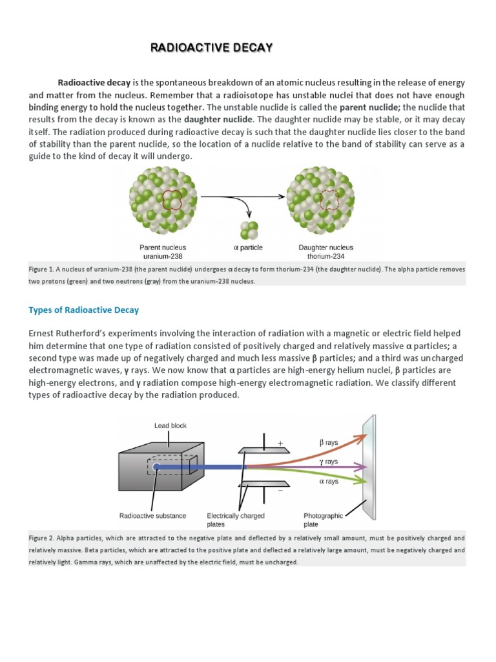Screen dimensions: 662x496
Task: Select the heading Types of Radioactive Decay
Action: click(x=83, y=310)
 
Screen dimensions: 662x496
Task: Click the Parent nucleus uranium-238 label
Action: click(x=163, y=251)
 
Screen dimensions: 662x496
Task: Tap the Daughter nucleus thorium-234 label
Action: click(x=325, y=251)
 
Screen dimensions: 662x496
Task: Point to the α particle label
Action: click(x=248, y=247)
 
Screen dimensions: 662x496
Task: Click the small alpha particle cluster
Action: click(x=249, y=229)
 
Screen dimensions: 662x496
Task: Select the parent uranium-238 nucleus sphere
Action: click(x=162, y=200)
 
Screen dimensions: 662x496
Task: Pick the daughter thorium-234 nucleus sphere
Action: click(x=325, y=200)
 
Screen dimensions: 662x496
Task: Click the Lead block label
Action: click(x=170, y=425)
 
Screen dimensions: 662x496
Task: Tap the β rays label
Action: click(x=329, y=443)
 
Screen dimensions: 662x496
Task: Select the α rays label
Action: click(x=329, y=481)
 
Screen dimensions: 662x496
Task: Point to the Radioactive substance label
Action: click(x=153, y=516)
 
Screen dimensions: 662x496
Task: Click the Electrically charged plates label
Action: click(x=235, y=520)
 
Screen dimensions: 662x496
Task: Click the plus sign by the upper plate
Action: click(x=280, y=443)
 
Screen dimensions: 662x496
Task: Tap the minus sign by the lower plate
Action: click(x=280, y=491)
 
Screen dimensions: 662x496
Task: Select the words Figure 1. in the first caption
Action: click(x=43, y=269)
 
